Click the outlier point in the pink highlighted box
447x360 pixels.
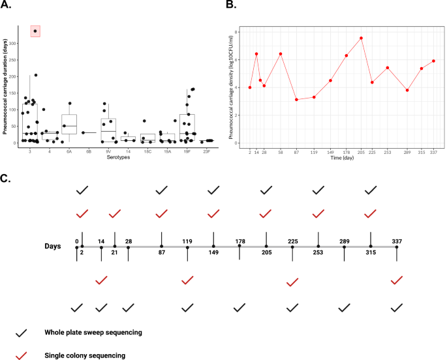(35, 31)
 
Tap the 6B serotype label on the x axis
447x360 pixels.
(89, 150)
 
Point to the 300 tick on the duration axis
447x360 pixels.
(15, 44)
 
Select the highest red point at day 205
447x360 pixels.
(361, 38)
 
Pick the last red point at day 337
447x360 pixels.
(433, 61)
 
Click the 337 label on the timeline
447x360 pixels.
(397, 241)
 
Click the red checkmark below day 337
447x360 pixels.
(397, 280)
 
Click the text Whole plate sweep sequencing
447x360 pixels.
(93, 333)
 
